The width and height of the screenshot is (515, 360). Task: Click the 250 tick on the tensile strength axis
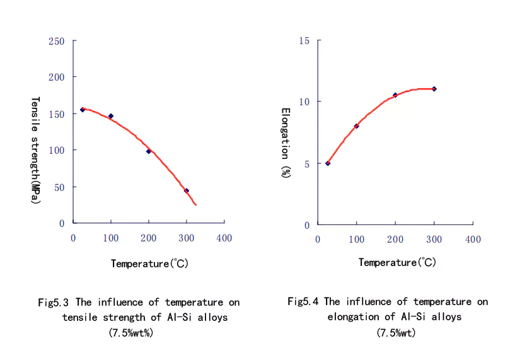tap(57, 41)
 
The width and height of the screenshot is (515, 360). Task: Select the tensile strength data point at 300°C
tap(187, 190)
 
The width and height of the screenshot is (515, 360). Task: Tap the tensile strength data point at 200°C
tap(149, 151)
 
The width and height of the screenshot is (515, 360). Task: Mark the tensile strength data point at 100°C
tap(111, 116)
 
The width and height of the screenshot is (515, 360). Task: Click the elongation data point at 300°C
tap(434, 89)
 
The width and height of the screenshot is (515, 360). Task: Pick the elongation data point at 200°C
tap(395, 95)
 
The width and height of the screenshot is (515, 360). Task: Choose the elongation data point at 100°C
tap(357, 126)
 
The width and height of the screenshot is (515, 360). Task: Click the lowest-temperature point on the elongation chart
tap(328, 163)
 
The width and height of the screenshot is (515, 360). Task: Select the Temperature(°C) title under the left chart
tap(149, 264)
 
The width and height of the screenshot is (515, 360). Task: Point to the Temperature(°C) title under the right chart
tap(397, 262)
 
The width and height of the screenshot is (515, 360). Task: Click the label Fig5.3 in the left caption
tap(52, 303)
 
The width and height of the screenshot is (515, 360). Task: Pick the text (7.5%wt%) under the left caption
tap(130, 332)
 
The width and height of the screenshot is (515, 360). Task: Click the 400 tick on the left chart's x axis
tap(224, 238)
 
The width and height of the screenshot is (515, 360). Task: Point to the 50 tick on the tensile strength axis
tap(59, 187)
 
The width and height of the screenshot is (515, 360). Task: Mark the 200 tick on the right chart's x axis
tap(395, 240)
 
